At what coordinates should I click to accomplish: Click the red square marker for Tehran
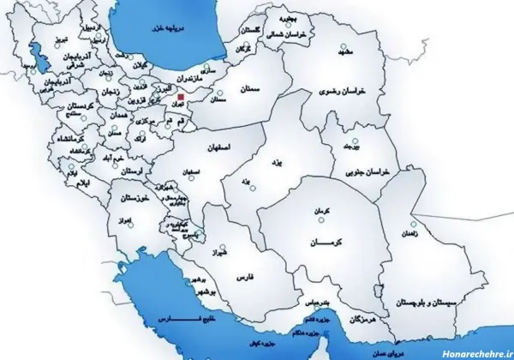tap(179, 99)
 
